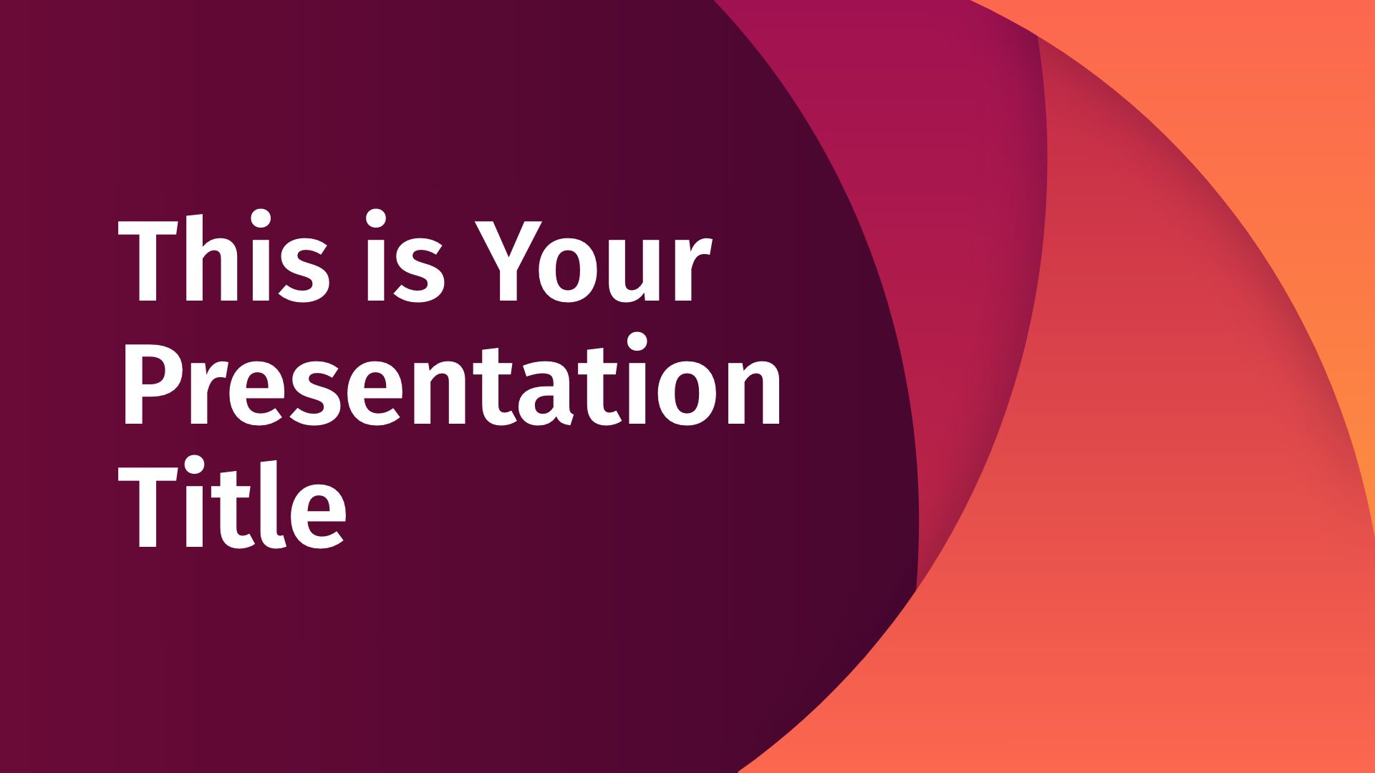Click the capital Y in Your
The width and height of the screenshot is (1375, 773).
click(511, 258)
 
